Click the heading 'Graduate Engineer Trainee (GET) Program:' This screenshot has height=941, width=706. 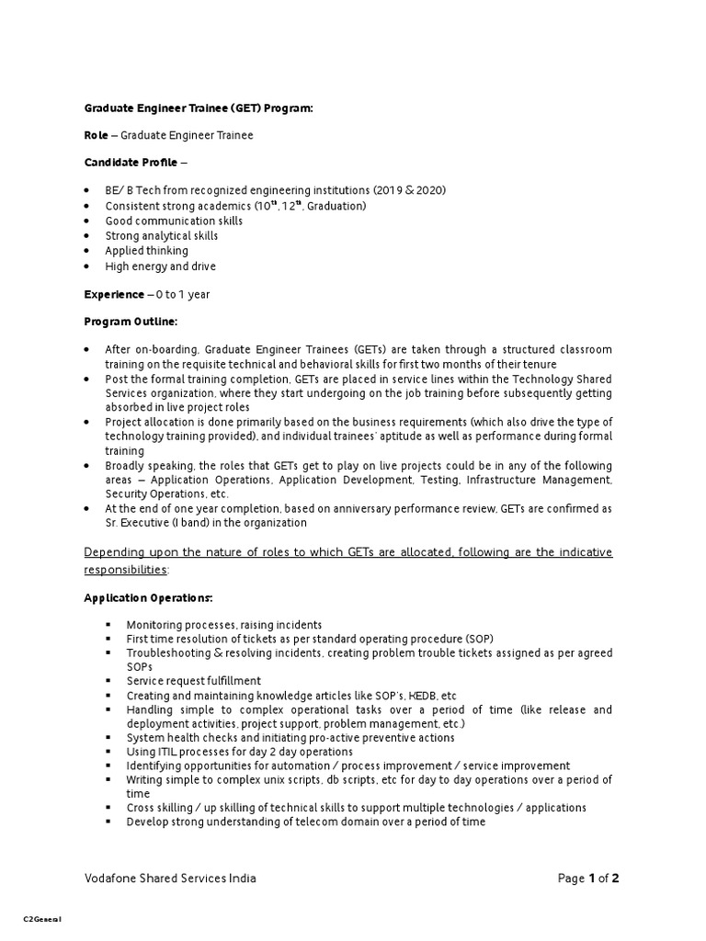pyautogui.click(x=199, y=108)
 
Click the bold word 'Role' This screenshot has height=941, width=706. pyautogui.click(x=96, y=135)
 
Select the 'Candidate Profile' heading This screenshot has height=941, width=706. pyautogui.click(x=131, y=163)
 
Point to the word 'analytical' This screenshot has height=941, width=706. pyautogui.click(x=167, y=236)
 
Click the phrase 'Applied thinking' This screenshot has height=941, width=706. pyautogui.click(x=146, y=251)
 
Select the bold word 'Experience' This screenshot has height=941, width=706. pyautogui.click(x=114, y=294)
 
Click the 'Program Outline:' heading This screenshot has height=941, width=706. pyautogui.click(x=131, y=322)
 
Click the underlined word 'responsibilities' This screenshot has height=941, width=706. pyautogui.click(x=125, y=569)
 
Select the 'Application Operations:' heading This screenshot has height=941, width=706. pyautogui.click(x=148, y=598)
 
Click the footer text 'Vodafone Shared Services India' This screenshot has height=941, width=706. pyautogui.click(x=170, y=879)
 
